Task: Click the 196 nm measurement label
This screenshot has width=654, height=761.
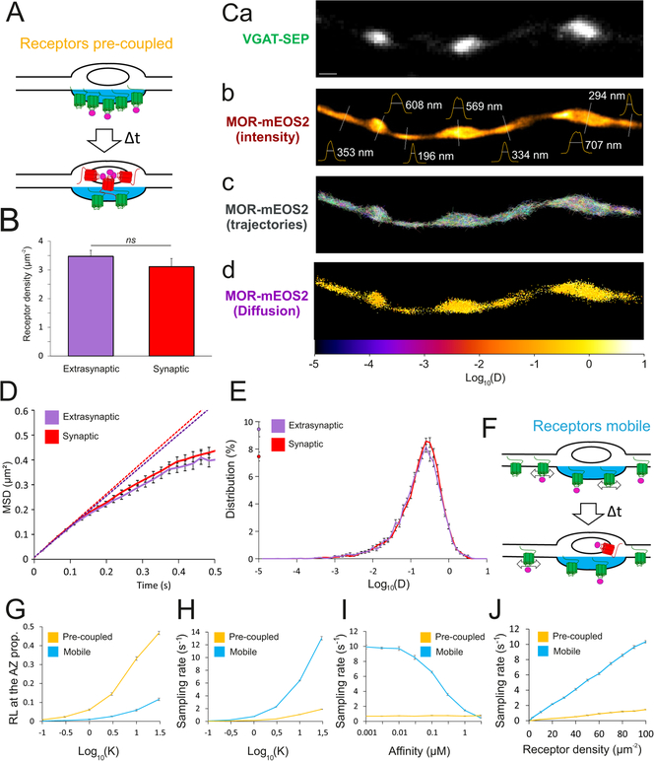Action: tap(432, 156)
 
